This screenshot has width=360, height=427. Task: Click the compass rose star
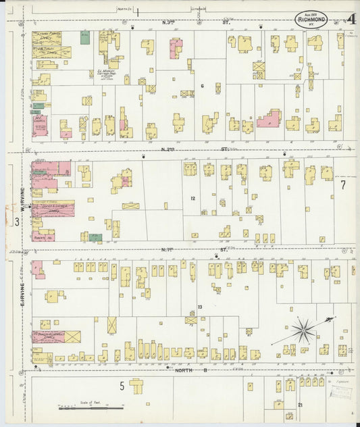[304, 332]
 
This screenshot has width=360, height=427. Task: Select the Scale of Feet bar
[91, 407]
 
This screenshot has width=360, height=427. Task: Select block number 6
[202, 86]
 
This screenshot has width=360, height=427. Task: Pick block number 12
[192, 198]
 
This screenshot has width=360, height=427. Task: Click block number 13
[200, 307]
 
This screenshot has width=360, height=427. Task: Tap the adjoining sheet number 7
[343, 184]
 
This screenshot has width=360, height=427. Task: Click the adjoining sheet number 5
[122, 386]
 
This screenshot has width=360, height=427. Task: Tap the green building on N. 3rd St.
[84, 38]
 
